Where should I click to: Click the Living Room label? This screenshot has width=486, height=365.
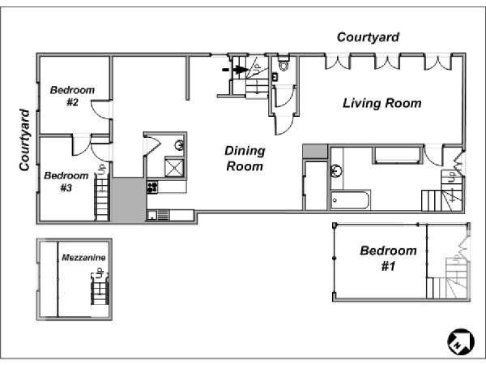pos(382,103)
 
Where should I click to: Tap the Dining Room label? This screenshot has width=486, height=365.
pos(245,159)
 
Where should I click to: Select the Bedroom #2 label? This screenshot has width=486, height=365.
pos(72,96)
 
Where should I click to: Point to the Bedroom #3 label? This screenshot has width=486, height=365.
pos(66,182)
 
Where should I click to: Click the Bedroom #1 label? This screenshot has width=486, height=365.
pos(388,258)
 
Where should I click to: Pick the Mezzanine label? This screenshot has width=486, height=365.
pos(83,257)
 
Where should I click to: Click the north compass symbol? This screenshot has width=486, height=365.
pos(461,341)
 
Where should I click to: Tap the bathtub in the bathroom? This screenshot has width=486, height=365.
pos(351,200)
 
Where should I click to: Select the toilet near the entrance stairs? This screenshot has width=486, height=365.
pos(283,64)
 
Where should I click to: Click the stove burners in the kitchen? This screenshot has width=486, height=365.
pos(152,187)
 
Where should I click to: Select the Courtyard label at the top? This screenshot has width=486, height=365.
pos(368,37)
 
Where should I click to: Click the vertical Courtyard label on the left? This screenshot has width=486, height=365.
pos(24,140)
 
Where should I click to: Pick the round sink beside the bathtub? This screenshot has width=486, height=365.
pos(336,170)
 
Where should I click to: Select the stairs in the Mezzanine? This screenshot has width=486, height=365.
pos(100,290)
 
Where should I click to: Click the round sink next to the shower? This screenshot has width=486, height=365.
pos(179,145)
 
